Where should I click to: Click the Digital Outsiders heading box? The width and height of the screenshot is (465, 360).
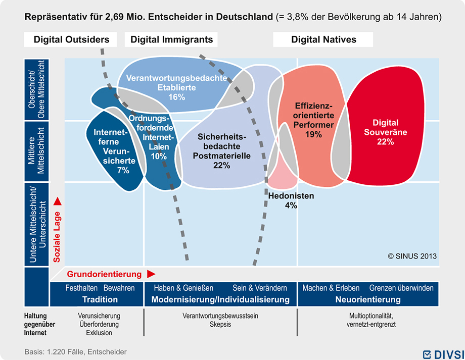pos(70,39)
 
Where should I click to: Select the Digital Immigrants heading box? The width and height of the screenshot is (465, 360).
pos(171,39)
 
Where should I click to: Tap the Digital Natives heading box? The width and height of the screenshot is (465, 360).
pos(323,39)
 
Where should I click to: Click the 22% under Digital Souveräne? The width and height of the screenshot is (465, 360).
pos(385,142)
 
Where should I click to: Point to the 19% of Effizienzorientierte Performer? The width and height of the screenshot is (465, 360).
pos(313,134)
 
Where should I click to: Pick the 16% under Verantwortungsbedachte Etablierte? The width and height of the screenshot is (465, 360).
pos(177,97)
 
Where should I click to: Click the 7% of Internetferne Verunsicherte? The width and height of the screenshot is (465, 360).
pos(123,170)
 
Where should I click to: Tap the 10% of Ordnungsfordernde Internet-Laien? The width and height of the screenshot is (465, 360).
pos(159,156)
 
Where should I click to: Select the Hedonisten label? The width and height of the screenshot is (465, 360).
pos(291,195)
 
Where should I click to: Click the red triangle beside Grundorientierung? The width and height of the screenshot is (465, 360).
pos(151,274)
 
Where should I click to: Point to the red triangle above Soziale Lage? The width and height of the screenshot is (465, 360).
pos(57,201)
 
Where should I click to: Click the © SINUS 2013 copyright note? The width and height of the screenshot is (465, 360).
pos(412,256)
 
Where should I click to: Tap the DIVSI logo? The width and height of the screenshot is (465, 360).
pos(443,354)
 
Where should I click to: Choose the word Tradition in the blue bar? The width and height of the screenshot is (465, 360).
pos(100,299)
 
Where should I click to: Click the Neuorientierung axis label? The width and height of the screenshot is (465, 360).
pos(368,299)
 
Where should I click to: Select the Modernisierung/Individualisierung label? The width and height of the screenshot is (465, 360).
pos(220,299)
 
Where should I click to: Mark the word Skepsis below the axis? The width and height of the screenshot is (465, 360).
pos(220,324)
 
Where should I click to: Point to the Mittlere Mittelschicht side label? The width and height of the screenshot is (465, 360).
pos(36,151)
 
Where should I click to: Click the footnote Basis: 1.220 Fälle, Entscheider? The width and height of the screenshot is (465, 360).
pos(76,352)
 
